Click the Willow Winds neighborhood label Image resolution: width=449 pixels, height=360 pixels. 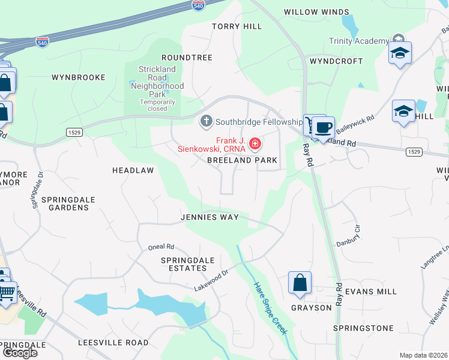[316, 12]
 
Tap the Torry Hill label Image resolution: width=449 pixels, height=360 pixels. [237, 26]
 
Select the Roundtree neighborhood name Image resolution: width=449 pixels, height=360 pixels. [187, 58]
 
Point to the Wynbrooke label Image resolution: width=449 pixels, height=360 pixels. [79, 77]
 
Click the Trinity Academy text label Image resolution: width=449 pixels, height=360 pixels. [359, 41]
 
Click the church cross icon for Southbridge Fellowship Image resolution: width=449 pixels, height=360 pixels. [206, 121]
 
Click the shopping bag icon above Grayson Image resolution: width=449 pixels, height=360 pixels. [300, 283]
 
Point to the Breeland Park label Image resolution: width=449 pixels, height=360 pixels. [243, 161]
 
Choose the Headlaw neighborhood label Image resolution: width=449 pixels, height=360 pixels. [133, 170]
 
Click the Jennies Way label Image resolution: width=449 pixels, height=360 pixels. [210, 217]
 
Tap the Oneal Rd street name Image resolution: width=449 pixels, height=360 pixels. [161, 247]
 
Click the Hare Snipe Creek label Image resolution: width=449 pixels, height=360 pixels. [270, 308]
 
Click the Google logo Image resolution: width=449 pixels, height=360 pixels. [19, 353]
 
